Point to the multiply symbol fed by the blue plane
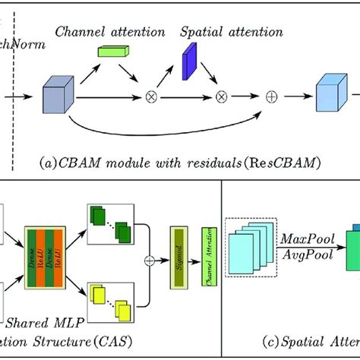pos(222,97)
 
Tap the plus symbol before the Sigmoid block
pos(150,260)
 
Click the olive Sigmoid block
pos(180,260)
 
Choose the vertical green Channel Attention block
pos(207,261)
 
